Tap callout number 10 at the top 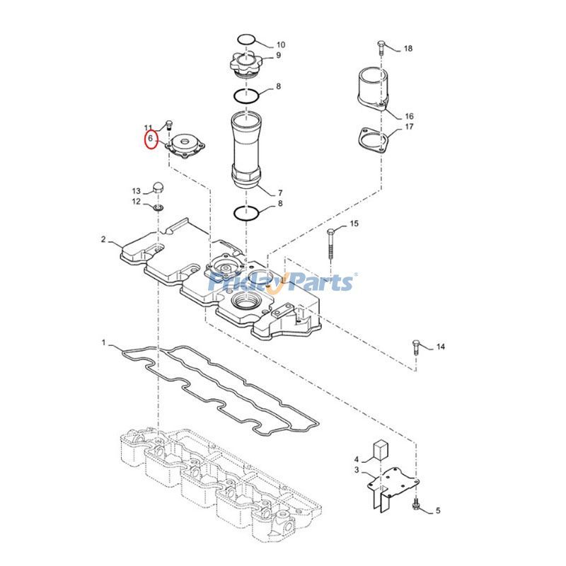click(280, 45)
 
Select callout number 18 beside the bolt click(408, 49)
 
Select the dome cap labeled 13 click(158, 188)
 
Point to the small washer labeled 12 click(158, 207)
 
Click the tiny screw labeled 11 click(170, 126)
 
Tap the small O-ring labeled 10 click(245, 38)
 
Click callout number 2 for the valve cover click(103, 240)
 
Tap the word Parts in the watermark click(320, 283)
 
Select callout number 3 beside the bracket click(357, 469)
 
